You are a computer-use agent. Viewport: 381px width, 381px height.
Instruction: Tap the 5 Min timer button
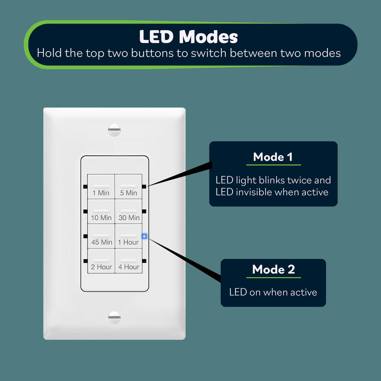(128, 187)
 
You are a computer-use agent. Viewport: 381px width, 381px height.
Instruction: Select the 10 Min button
(101, 211)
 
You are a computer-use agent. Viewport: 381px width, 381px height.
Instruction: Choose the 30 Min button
(128, 211)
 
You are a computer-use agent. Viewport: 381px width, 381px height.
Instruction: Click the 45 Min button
(101, 236)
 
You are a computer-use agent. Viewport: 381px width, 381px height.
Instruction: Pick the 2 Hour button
(101, 261)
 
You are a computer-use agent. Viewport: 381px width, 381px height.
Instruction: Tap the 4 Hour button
(128, 261)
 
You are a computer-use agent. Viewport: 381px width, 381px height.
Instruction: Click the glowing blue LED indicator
(144, 236)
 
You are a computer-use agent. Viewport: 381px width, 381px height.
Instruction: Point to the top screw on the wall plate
(114, 130)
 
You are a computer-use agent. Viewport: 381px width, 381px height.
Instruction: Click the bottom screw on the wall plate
(114, 318)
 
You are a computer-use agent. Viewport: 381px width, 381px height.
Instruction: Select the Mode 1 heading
(273, 157)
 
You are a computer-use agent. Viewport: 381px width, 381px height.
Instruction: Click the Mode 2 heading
(273, 269)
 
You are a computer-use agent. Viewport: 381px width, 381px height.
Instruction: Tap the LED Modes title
(189, 37)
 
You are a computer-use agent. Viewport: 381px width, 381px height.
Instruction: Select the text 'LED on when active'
(273, 292)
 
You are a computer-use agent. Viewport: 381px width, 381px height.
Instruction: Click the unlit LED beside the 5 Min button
(144, 187)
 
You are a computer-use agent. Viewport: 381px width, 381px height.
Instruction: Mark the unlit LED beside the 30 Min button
(144, 211)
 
